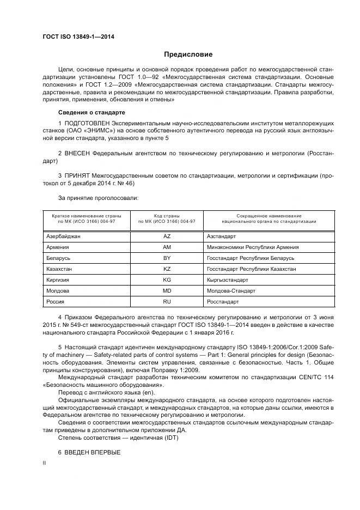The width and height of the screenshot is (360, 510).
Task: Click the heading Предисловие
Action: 188,54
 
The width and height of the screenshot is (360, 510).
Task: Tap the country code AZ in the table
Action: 167,236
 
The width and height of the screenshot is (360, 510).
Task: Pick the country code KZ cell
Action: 167,269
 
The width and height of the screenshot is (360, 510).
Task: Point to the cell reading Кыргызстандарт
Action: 228,280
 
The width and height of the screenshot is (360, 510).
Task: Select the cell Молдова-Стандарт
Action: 231,290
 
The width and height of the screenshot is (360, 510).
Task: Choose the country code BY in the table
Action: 167,258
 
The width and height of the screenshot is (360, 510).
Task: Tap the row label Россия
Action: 56,301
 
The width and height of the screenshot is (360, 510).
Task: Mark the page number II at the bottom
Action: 45,462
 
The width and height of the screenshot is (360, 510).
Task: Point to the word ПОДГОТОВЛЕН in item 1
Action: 90,124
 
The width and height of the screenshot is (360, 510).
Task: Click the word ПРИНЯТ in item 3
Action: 80,177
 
